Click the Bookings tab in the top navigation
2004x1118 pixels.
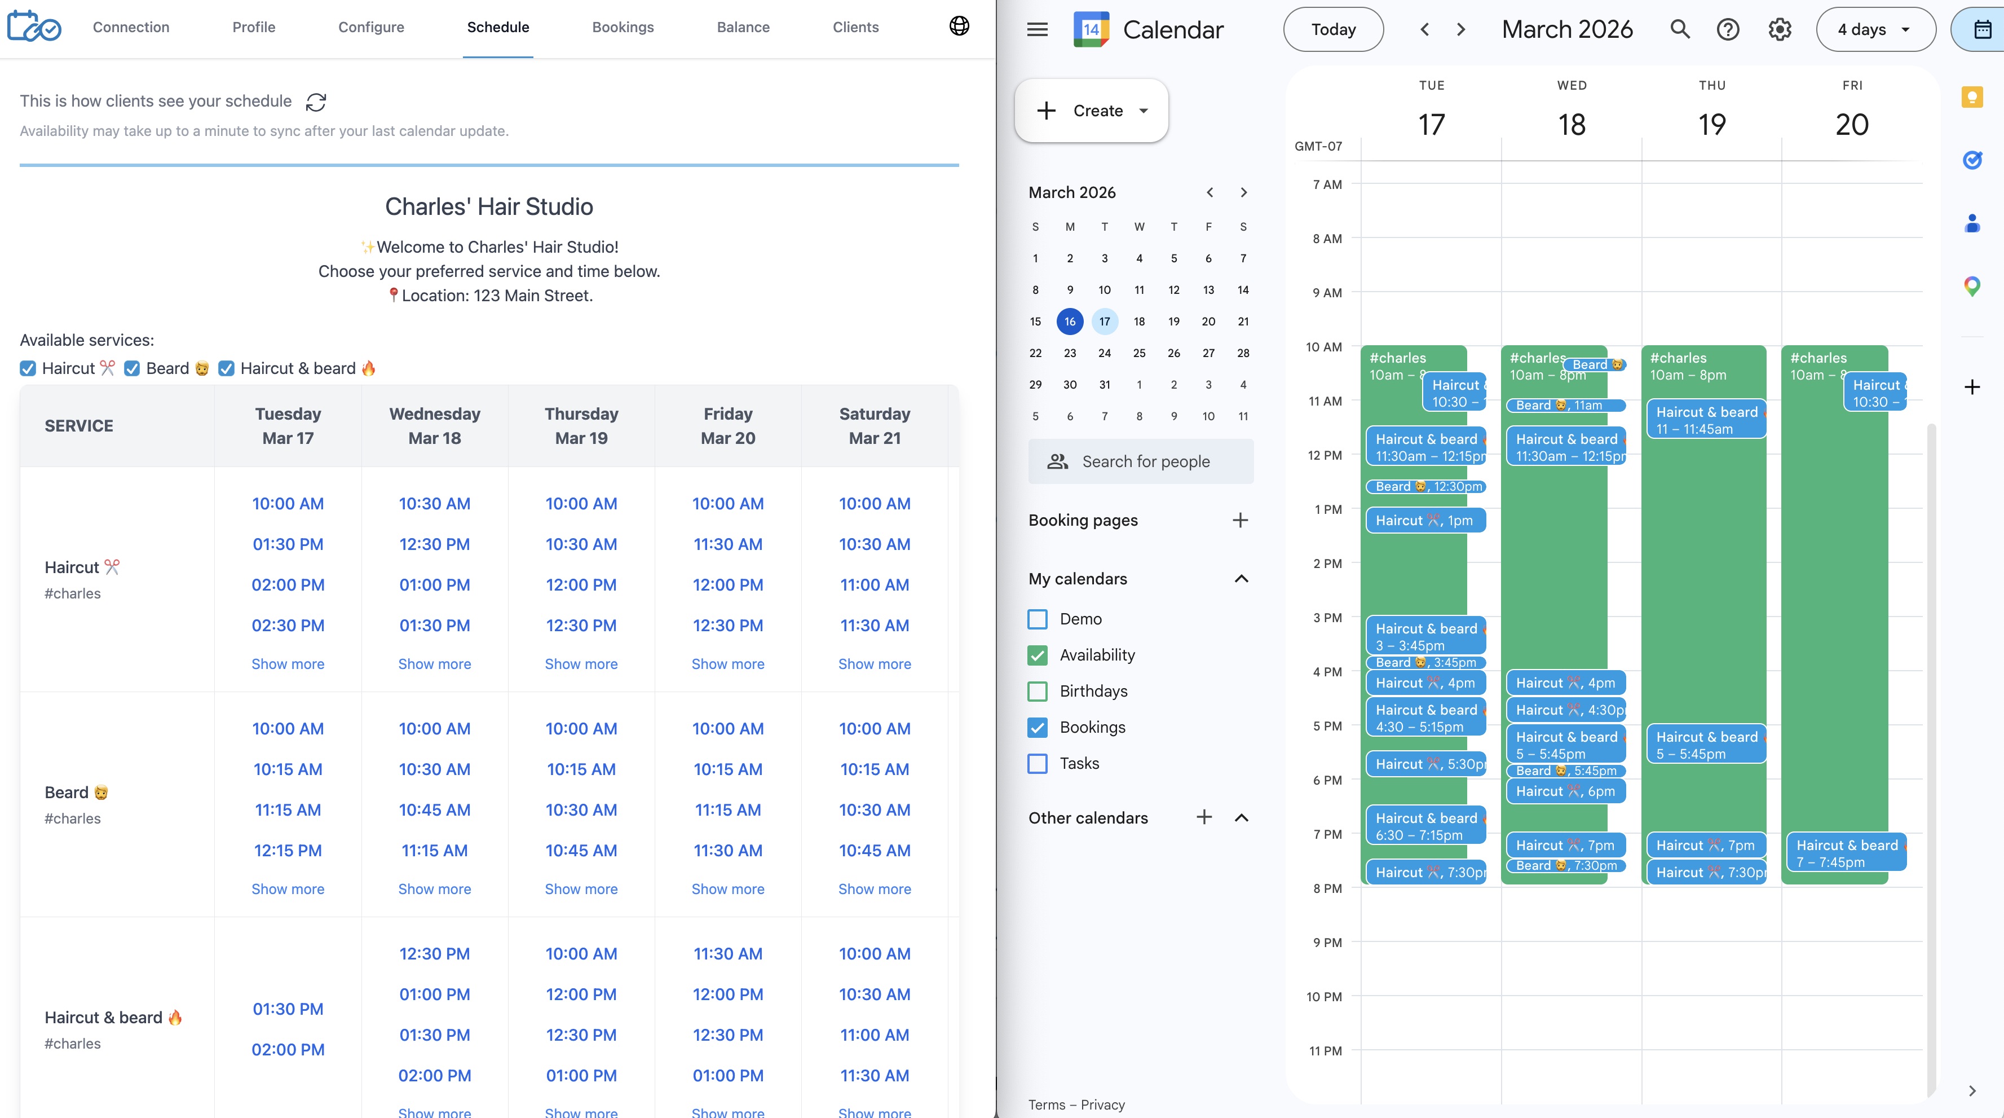pos(623,27)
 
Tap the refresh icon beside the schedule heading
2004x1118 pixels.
pos(316,102)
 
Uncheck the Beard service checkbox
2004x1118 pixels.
pos(133,369)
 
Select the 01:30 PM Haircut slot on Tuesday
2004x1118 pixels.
pos(288,544)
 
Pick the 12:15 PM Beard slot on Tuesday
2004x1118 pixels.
pos(288,851)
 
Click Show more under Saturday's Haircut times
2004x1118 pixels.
pos(875,664)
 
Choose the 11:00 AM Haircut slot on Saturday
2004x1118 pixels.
pos(875,585)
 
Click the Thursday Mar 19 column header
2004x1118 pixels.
pos(581,425)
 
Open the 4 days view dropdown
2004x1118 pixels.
pos(1875,29)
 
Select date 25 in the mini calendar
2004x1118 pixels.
pos(1139,353)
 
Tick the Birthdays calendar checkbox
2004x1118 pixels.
pos(1038,691)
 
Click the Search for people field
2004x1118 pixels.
pos(1141,461)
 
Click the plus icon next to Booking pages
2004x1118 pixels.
pos(1240,521)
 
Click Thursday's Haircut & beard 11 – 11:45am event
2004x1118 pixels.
pos(1705,420)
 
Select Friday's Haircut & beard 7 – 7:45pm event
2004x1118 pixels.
pos(1846,853)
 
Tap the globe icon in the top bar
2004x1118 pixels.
pos(959,27)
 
